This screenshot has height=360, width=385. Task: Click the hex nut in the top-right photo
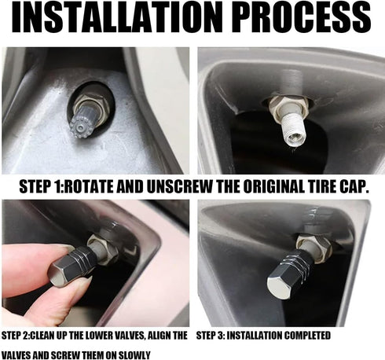[x=284, y=105]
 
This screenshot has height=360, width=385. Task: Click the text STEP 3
[x=214, y=336]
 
